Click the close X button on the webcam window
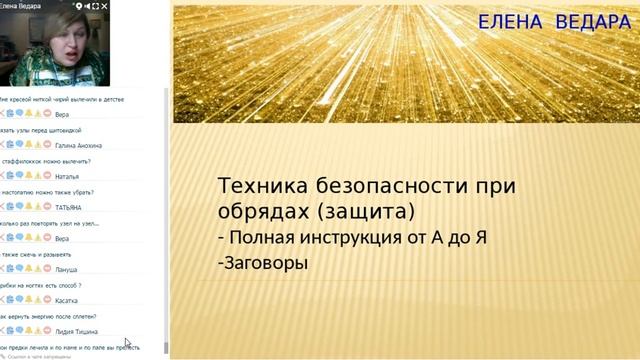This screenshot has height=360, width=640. pyautogui.click(x=159, y=5)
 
